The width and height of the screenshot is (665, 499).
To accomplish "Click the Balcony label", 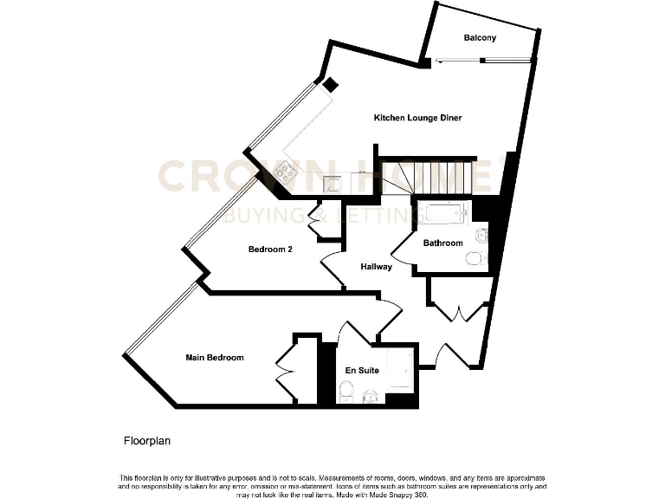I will (480, 38).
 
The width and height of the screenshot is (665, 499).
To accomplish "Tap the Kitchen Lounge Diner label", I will (411, 118).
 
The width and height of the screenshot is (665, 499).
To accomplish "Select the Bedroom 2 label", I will (271, 249).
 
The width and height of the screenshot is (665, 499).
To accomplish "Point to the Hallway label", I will (377, 267).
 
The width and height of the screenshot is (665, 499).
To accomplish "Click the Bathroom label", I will (442, 243).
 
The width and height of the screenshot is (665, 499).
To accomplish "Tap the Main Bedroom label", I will (215, 358).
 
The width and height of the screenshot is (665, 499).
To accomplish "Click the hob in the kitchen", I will (286, 173).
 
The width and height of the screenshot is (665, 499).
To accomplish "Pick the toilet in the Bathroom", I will (475, 258).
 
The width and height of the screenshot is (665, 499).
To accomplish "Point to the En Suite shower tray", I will (400, 370).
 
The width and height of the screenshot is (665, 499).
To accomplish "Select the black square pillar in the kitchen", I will (331, 84).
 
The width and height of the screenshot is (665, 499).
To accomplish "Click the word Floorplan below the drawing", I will (146, 441).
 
